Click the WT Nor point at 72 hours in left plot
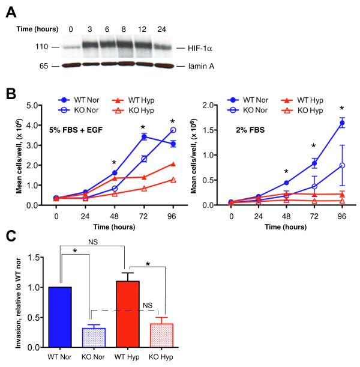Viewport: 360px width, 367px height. [x=127, y=137]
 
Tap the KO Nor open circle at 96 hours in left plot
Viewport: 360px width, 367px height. [x=157, y=130]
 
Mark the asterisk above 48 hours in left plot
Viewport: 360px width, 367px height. [x=97, y=162]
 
